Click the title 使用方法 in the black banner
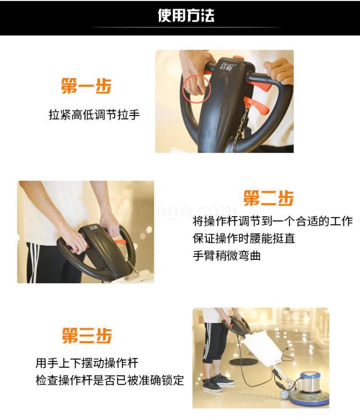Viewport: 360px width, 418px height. (x=186, y=15)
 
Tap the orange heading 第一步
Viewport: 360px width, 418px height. (x=86, y=86)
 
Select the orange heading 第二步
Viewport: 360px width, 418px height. (x=269, y=198)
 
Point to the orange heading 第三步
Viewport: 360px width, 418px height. (x=87, y=335)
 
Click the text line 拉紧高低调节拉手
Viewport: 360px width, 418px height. (x=94, y=115)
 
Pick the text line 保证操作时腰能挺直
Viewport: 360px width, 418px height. (x=243, y=238)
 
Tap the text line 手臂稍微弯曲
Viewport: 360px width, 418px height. (x=226, y=256)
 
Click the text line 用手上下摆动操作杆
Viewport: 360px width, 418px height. (x=87, y=363)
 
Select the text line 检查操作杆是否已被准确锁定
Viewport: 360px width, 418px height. (x=110, y=380)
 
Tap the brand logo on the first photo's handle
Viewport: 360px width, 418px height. (x=226, y=66)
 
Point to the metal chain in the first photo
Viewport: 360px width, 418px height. (x=239, y=130)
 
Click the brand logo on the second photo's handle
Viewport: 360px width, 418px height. (x=94, y=227)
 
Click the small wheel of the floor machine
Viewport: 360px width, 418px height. (x=284, y=394)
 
